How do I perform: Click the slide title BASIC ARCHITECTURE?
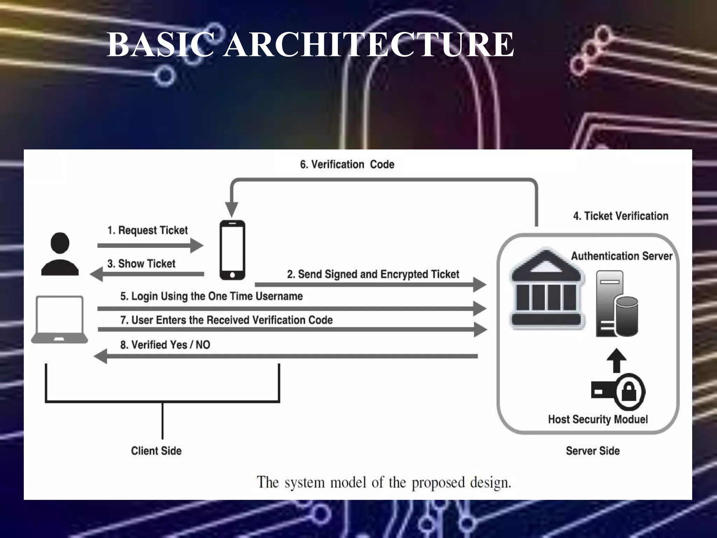click(310, 45)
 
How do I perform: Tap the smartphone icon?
click(232, 250)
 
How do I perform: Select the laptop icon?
click(60, 319)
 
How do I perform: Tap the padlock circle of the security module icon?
click(629, 392)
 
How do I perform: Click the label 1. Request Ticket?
click(147, 230)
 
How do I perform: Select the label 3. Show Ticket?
click(141, 263)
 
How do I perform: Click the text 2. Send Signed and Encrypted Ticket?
click(373, 274)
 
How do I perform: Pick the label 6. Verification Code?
click(347, 164)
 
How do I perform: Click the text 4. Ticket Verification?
click(620, 216)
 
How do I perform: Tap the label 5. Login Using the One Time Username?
click(211, 296)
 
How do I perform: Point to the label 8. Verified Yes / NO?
click(165, 345)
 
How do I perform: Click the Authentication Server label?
click(621, 256)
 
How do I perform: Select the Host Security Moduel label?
click(598, 419)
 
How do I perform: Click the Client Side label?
click(156, 451)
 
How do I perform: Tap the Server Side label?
click(592, 451)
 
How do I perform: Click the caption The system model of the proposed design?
click(384, 482)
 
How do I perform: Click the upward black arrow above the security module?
click(616, 360)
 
